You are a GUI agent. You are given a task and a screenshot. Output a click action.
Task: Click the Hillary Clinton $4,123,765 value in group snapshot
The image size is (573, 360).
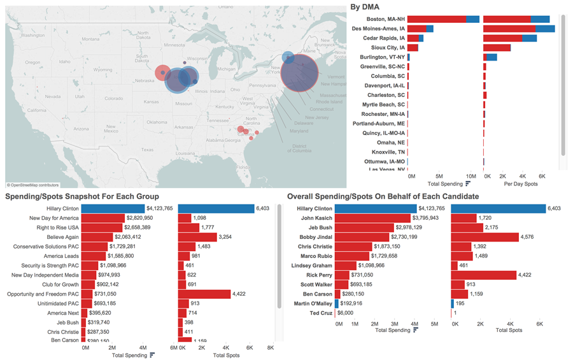coord(159,208)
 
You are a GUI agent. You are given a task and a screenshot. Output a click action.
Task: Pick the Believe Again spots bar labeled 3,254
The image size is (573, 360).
coord(197,237)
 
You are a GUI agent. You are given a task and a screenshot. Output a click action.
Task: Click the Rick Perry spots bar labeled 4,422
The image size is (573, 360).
coord(483,275)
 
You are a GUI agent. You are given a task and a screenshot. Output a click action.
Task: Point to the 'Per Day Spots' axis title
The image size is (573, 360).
coord(521,184)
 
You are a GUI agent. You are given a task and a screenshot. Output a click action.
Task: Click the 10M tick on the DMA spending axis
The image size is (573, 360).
coord(470,175)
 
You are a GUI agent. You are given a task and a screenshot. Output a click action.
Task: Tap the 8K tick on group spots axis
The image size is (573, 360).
coord(270,347)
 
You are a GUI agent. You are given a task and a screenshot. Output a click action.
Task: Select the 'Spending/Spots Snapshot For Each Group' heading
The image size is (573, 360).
coord(82,196)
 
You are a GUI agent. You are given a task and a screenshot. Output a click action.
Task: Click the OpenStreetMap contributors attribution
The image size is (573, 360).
coord(38,185)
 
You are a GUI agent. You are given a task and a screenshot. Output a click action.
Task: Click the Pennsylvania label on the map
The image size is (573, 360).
coord(262,85)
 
